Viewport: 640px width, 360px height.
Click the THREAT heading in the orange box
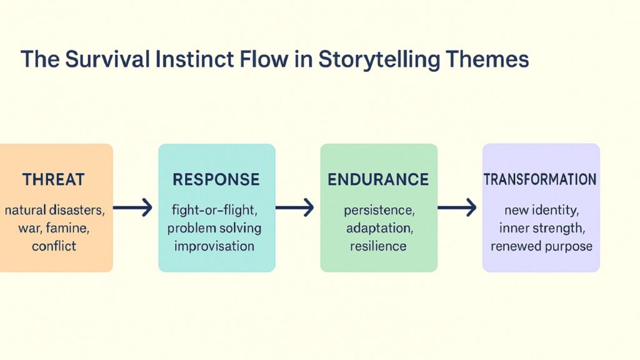[54, 180]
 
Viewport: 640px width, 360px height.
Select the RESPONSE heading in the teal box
[216, 180]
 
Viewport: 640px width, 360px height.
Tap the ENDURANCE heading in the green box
[378, 180]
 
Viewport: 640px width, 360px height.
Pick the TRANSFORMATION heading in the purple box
[540, 180]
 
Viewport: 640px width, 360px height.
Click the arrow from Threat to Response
[132, 208]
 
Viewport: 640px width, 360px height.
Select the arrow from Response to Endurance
[295, 208]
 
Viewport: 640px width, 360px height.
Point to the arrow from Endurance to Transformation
[457, 208]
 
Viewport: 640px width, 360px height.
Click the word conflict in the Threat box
[54, 246]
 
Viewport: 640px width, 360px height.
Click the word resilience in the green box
[377, 246]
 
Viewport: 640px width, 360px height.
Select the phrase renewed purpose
[541, 246]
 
